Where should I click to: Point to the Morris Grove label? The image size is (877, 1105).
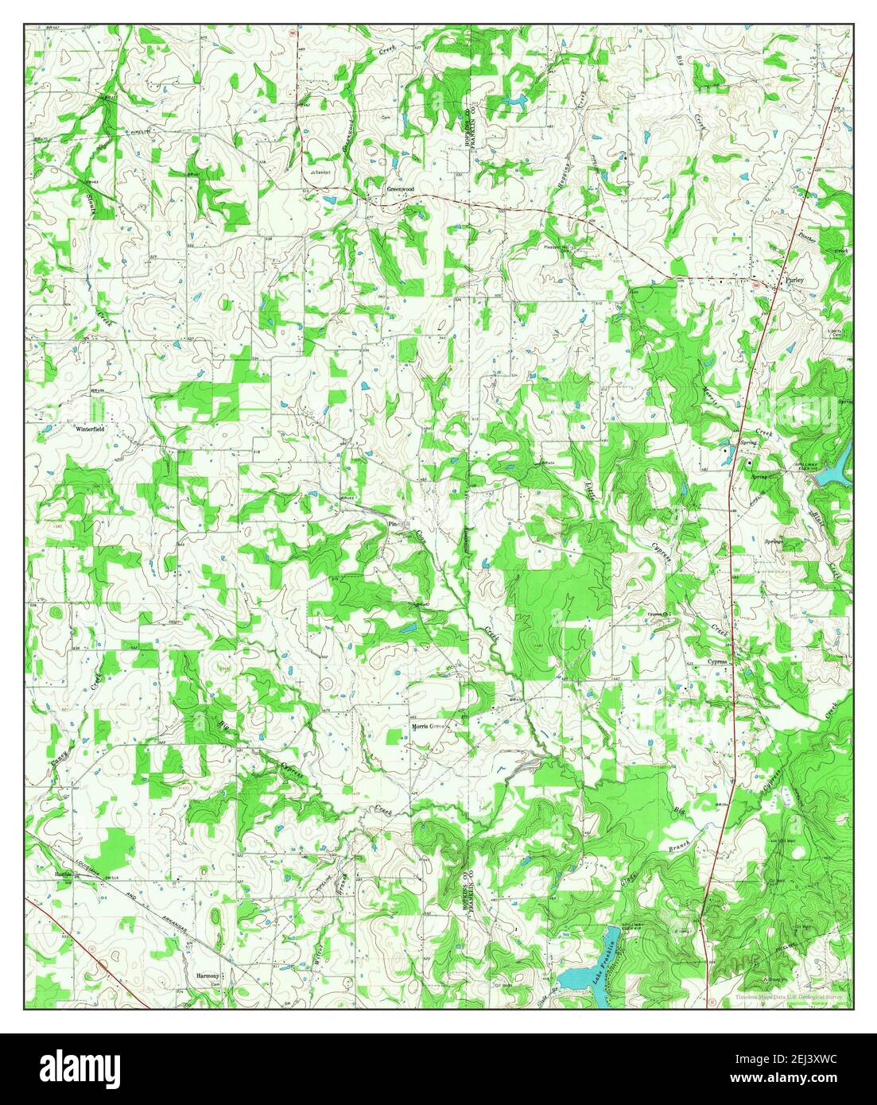[426, 727]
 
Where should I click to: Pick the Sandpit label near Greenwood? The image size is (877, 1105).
[320, 172]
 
